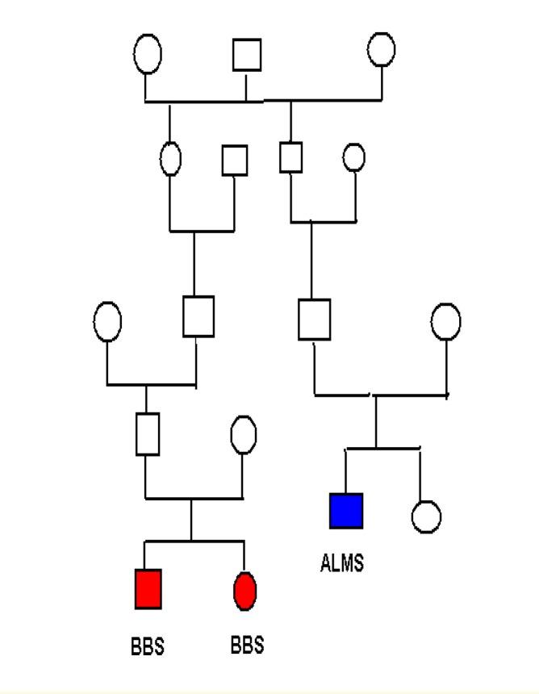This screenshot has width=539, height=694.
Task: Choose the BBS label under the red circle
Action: [x=246, y=646]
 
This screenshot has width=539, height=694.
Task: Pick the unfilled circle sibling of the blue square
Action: [x=425, y=516]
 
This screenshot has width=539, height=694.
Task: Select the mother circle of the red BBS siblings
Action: [x=243, y=436]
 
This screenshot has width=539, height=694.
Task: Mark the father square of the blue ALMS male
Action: [x=314, y=318]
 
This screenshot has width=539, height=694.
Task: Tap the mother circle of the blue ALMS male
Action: [x=445, y=321]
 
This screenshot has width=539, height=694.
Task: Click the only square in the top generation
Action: [x=246, y=55]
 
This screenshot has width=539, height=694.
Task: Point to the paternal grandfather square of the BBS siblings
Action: [x=198, y=316]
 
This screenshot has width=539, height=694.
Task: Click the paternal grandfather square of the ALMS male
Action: [x=290, y=157]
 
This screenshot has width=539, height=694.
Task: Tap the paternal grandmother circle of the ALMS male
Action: [x=353, y=157]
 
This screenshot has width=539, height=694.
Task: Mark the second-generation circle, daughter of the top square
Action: [x=170, y=158]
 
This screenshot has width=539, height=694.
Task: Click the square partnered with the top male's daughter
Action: [x=234, y=160]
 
